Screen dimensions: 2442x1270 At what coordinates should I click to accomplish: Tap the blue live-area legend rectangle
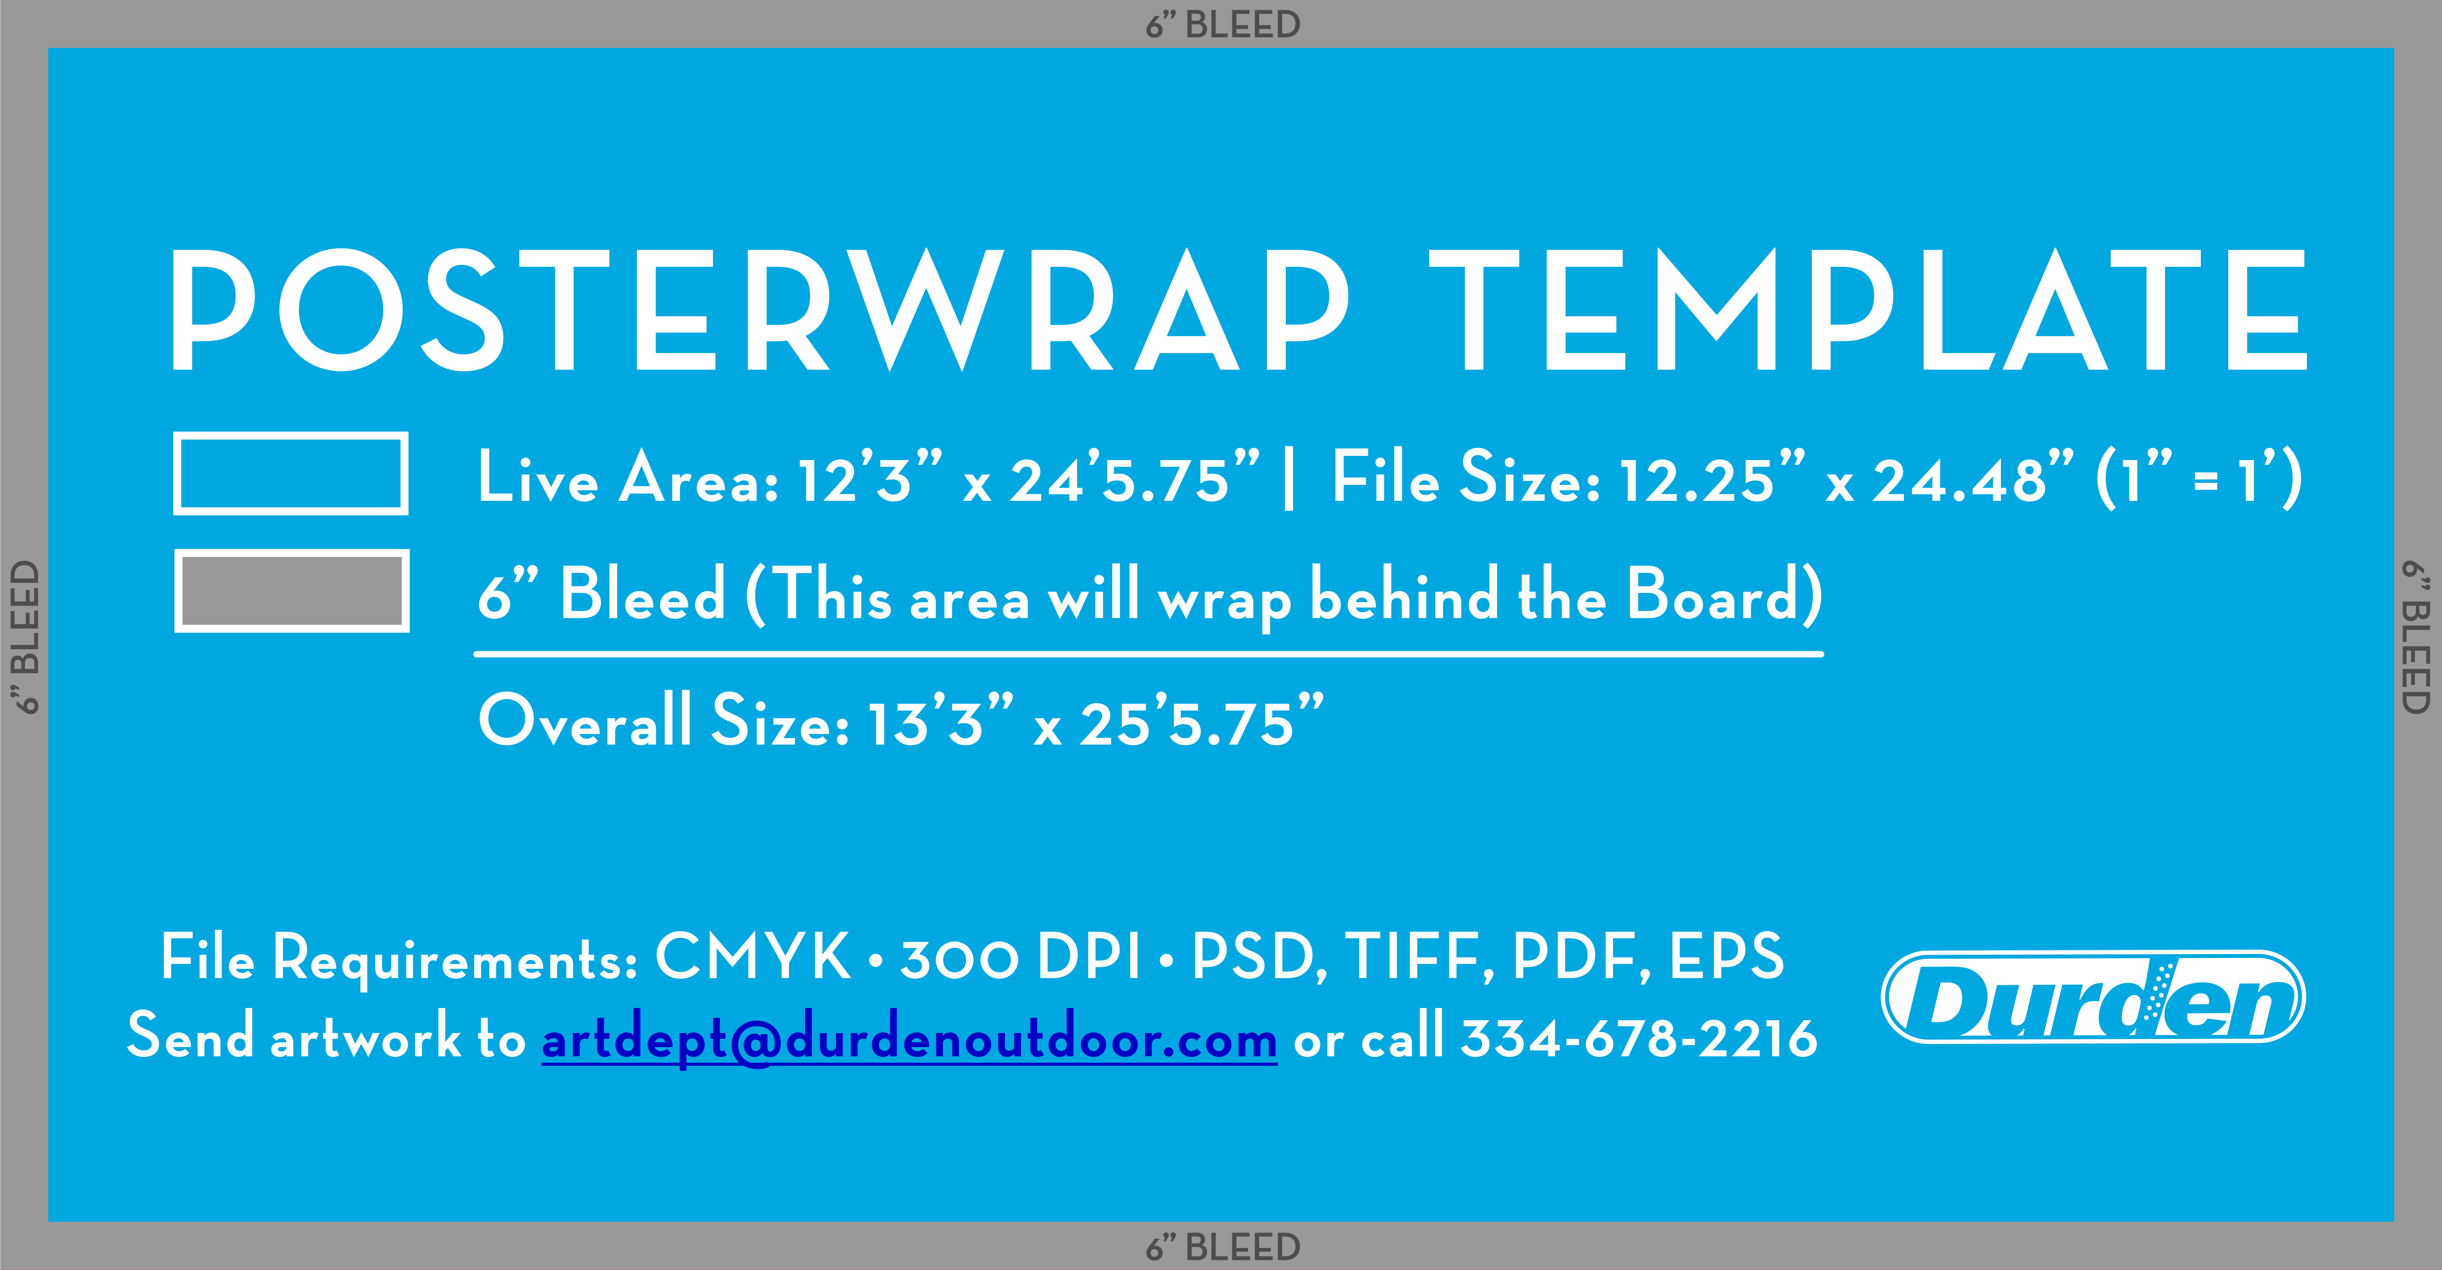(x=291, y=473)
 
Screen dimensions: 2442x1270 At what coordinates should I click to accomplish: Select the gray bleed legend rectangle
(x=292, y=591)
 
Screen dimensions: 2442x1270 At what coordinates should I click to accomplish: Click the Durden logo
(x=2093, y=997)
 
